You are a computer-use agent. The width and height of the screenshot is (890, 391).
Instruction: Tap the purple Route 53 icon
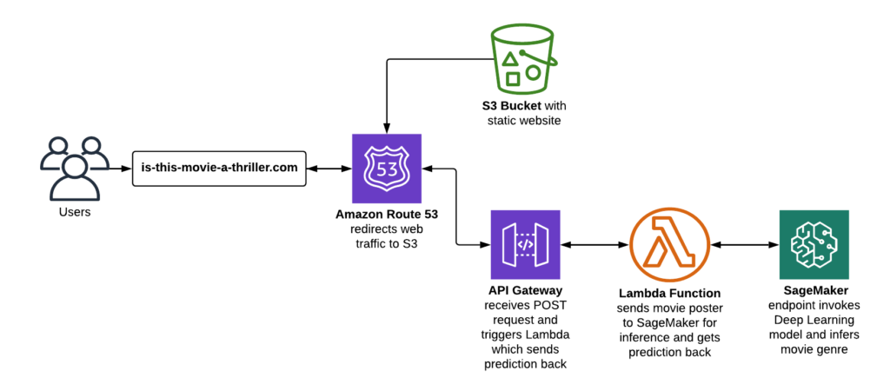click(x=387, y=168)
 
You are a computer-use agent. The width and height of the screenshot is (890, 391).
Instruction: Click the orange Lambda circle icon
click(x=665, y=244)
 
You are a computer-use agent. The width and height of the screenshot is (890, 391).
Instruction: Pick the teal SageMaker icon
click(x=814, y=244)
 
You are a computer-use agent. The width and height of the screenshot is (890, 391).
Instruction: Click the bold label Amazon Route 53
click(x=387, y=214)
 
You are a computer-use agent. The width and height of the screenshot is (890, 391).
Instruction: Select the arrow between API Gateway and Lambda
click(x=593, y=244)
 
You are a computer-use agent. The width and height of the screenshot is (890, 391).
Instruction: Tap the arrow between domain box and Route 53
click(x=330, y=168)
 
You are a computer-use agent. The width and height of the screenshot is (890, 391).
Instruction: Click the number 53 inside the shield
click(x=387, y=168)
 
